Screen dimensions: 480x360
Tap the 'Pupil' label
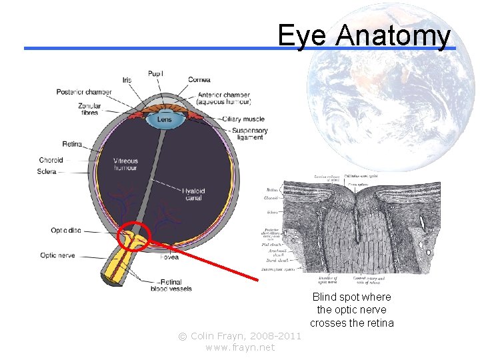(x=155, y=73)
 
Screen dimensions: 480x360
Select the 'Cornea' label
(x=199, y=80)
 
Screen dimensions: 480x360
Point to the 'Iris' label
(x=127, y=80)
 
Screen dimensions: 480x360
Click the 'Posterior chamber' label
(x=83, y=92)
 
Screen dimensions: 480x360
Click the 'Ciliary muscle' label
(x=244, y=119)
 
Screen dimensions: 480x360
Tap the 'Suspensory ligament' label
(x=249, y=134)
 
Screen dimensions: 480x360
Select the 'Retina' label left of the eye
(x=72, y=144)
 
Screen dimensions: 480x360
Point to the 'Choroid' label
(x=51, y=160)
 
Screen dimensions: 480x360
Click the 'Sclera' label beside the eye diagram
(x=47, y=171)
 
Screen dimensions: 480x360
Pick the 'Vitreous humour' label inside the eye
(x=125, y=165)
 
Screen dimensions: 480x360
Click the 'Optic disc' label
(x=66, y=231)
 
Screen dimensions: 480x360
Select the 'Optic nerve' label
(x=58, y=255)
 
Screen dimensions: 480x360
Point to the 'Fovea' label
(x=169, y=257)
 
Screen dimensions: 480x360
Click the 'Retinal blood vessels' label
(x=171, y=285)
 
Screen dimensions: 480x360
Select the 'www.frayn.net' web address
(x=240, y=347)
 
